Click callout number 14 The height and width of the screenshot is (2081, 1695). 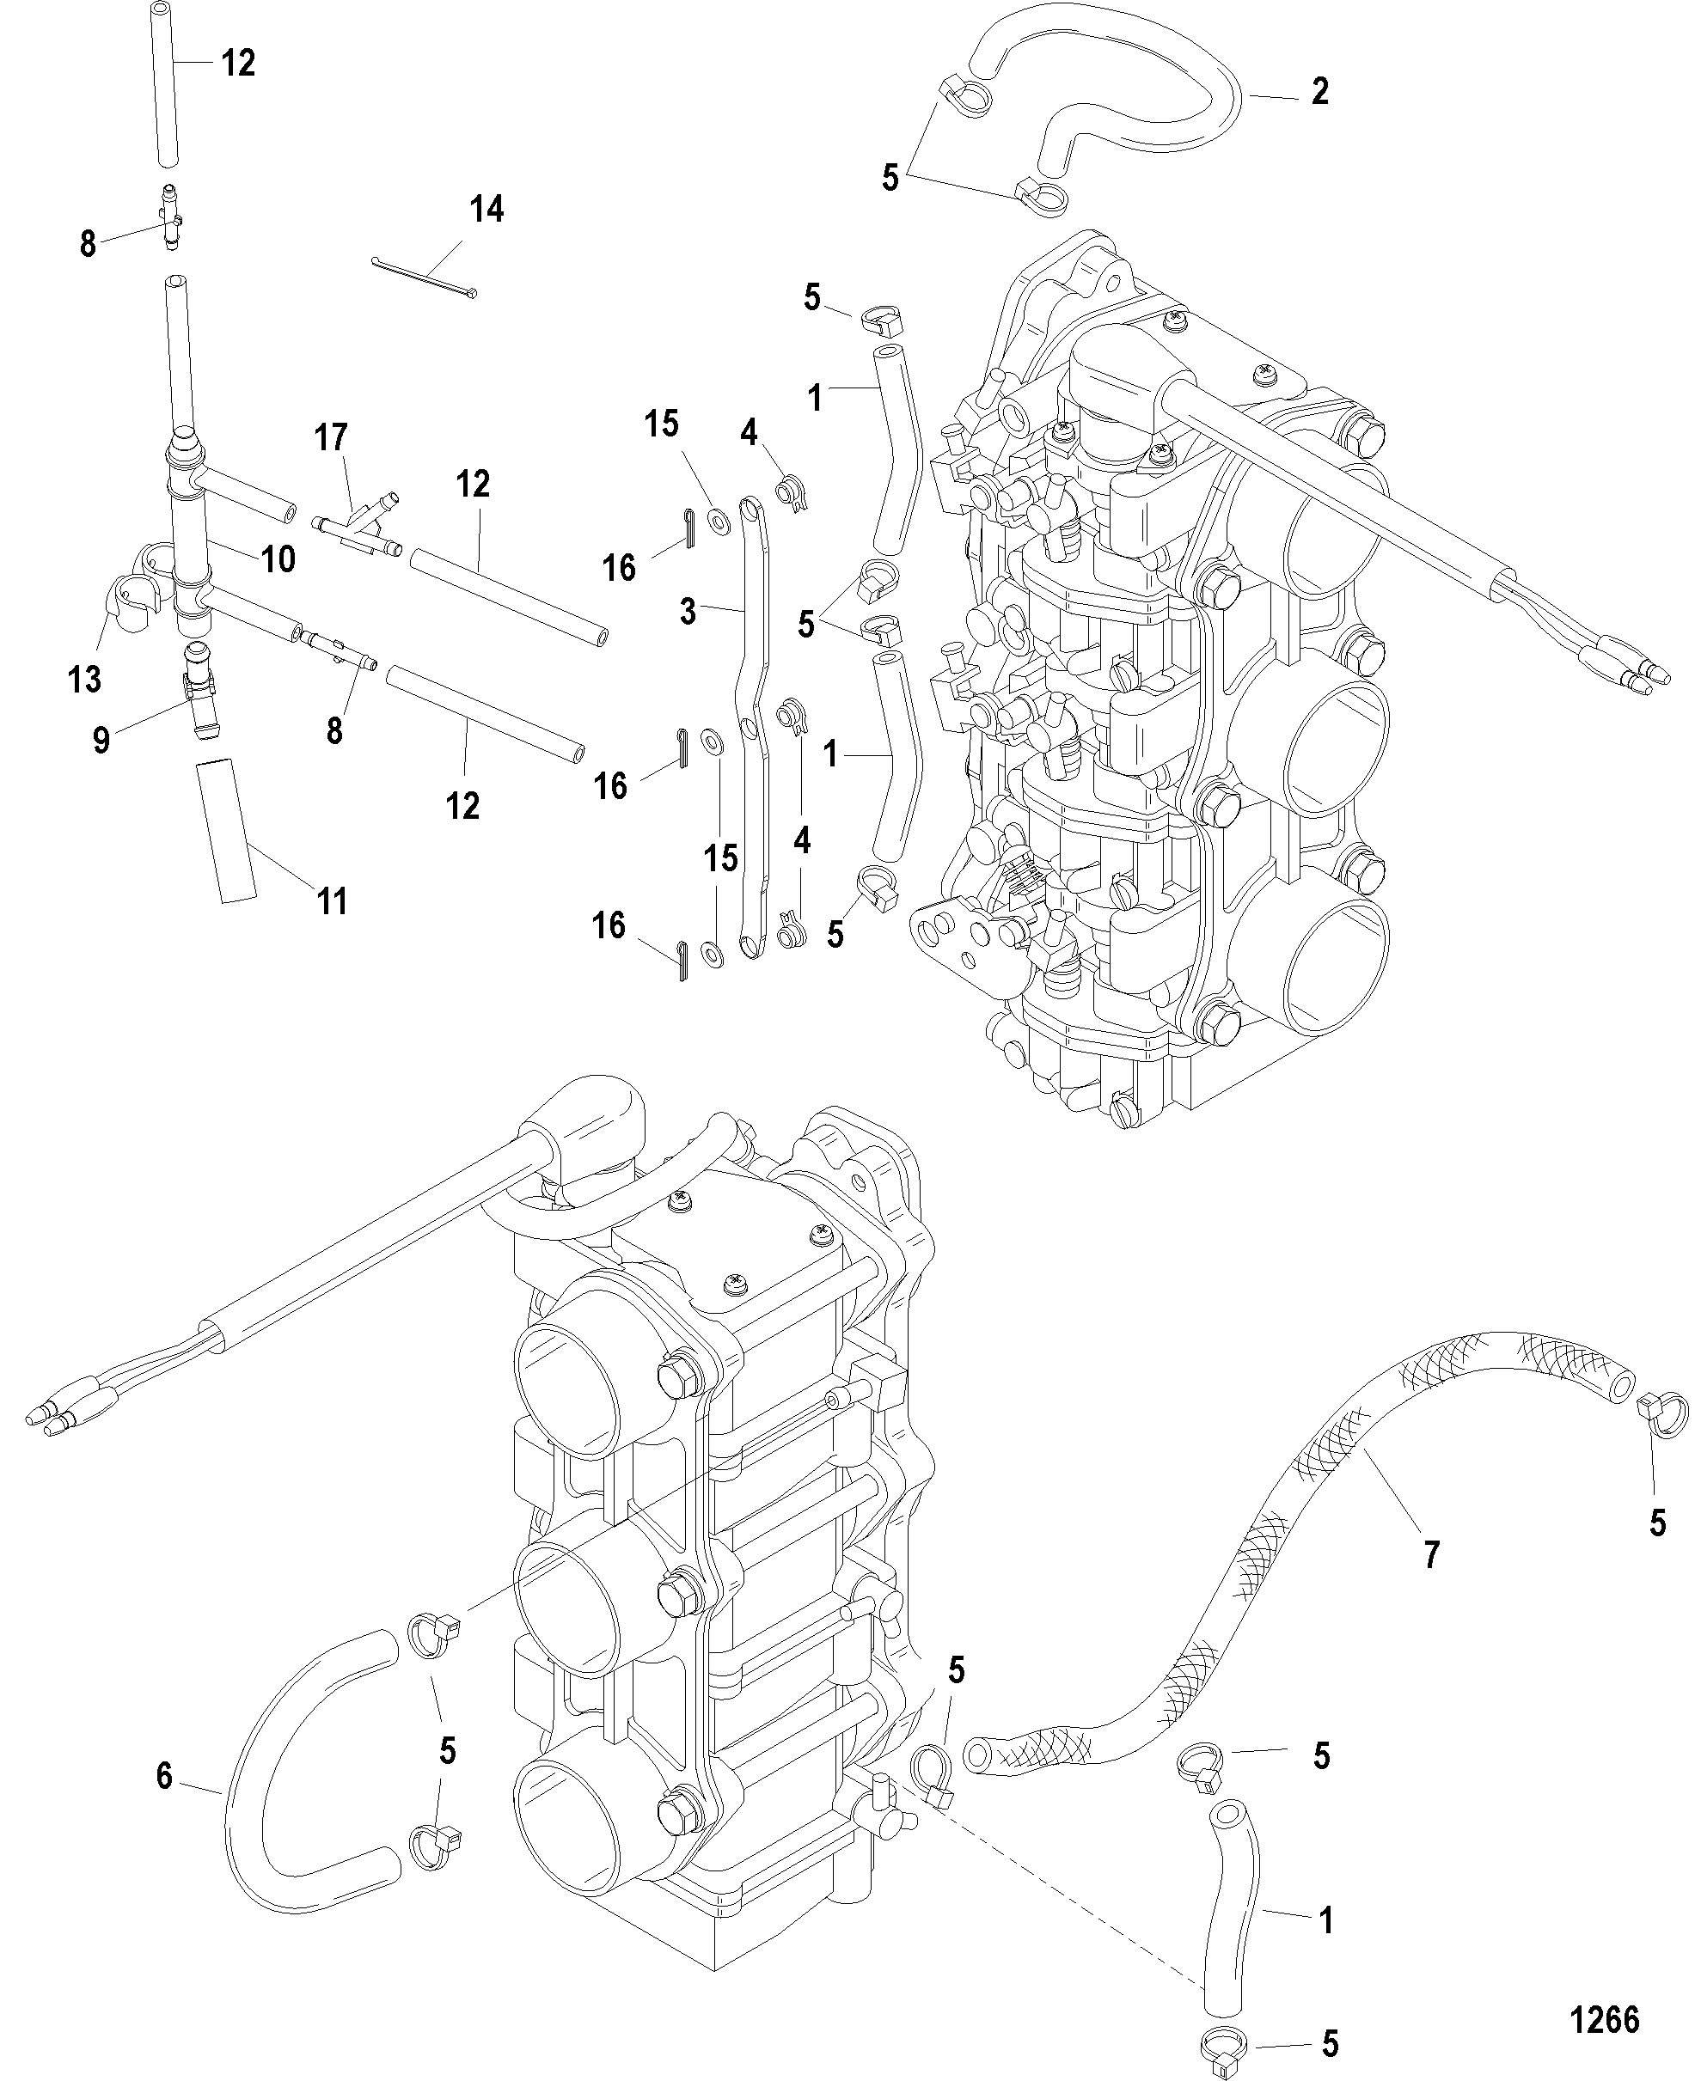487,209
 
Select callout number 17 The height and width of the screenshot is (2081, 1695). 331,437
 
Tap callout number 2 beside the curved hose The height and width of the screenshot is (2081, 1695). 1319,92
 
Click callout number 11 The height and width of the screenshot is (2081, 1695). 333,901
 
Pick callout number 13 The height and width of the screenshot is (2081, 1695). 85,680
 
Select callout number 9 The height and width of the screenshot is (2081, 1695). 101,741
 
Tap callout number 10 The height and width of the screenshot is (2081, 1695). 278,559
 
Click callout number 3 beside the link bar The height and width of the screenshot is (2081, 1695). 688,613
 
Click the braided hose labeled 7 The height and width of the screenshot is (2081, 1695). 1299,1542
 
